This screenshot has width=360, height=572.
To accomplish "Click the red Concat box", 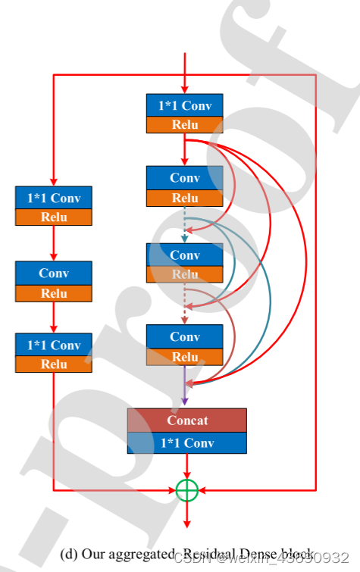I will coord(186,420).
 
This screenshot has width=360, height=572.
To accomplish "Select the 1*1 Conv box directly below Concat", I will coord(186,442).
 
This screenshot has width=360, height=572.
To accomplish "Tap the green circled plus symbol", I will coord(186,490).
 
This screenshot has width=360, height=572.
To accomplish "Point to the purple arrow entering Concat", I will coord(185,386).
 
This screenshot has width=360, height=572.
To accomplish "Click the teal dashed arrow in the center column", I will coord(185,224).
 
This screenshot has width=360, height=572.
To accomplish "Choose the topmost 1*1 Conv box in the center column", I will coord(185,105).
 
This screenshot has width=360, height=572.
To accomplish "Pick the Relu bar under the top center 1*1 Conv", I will coord(185,125).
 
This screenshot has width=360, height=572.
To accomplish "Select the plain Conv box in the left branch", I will coord(53,273).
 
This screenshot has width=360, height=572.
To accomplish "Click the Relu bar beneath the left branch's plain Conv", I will coord(53,293).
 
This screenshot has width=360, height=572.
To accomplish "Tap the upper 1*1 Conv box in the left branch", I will coord(53,197).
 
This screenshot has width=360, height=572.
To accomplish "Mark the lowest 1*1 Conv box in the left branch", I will coord(53,345).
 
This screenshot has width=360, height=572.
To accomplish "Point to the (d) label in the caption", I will coord(69,554).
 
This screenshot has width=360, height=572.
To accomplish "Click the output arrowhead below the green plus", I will coord(186,522).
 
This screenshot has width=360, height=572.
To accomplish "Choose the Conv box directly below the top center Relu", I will coord(185,178).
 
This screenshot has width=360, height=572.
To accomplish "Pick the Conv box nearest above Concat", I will coord(185,336).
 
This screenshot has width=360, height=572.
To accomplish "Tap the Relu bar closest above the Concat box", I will coord(185,357).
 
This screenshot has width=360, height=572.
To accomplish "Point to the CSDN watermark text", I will coord(193,558).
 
